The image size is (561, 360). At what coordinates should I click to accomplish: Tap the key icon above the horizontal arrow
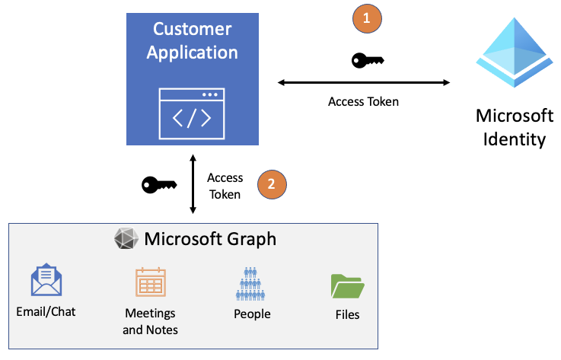[x=368, y=61]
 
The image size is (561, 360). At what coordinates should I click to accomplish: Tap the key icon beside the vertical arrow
[x=159, y=184]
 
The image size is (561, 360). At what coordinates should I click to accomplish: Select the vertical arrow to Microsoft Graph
[x=193, y=185]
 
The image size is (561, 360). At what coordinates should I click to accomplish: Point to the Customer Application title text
[x=192, y=40]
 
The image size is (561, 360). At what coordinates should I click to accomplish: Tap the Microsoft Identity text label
[x=514, y=128]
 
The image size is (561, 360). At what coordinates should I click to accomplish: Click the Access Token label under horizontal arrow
[x=363, y=101]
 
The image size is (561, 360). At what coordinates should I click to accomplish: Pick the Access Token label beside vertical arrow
[x=225, y=186]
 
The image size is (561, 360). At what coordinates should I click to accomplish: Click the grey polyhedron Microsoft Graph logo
[x=126, y=239]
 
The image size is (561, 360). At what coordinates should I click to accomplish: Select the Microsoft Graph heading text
[x=210, y=239]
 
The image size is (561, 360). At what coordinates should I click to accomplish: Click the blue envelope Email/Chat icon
[x=46, y=280]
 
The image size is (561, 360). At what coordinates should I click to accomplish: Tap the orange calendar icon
[x=150, y=282]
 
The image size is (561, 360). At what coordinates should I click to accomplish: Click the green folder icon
[x=347, y=286]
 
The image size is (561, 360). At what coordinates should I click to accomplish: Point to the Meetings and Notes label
[x=150, y=321]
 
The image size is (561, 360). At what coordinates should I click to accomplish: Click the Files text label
[x=347, y=314]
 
